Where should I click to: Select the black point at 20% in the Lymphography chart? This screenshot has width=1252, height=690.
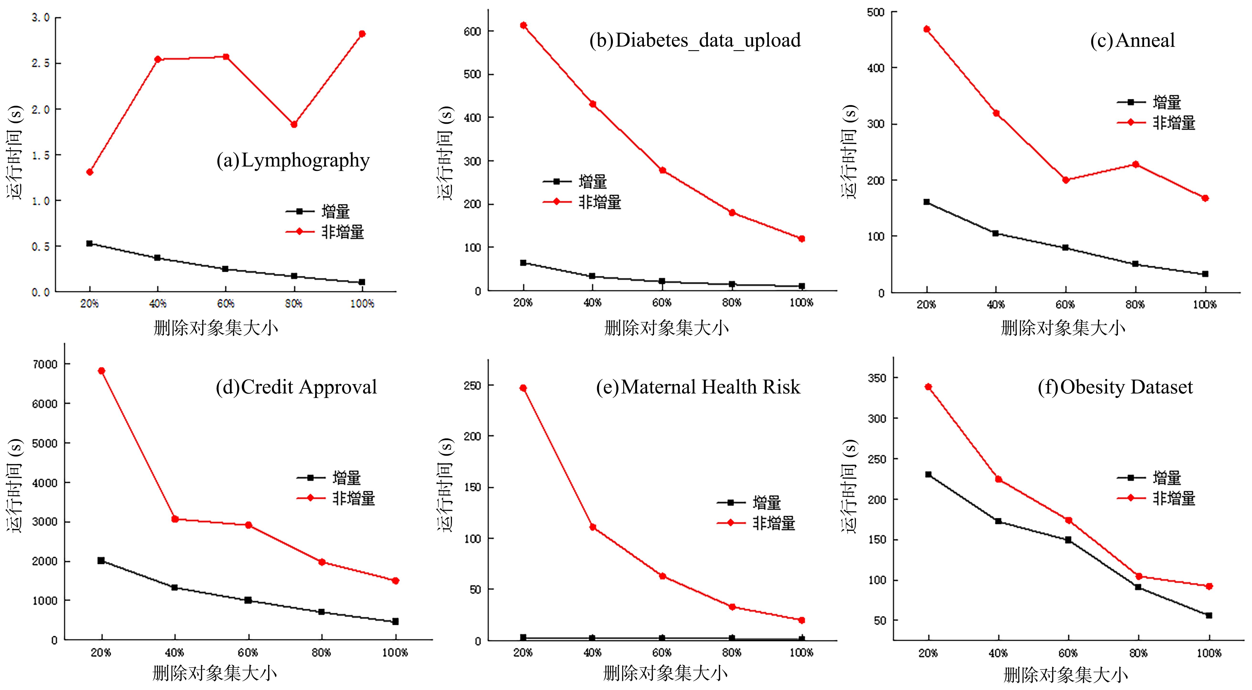tap(90, 243)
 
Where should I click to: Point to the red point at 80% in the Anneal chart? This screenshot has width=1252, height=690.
tap(1135, 164)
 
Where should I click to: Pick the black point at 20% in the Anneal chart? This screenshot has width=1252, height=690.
tap(926, 202)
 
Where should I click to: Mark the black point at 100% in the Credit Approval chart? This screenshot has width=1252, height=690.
tap(395, 621)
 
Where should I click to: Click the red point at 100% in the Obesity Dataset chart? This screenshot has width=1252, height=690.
tap(1209, 586)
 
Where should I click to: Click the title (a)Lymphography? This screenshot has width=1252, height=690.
tap(293, 160)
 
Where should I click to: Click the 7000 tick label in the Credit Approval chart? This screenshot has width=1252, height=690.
tap(45, 364)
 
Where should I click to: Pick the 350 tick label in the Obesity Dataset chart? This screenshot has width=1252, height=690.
tap(877, 378)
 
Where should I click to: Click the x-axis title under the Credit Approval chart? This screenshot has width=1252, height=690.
tap(215, 674)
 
